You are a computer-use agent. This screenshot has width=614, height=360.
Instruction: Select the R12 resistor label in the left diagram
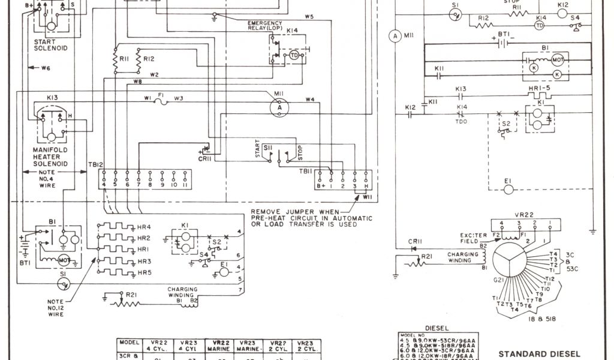tap(149, 59)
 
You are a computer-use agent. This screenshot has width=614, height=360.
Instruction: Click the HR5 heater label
tap(144, 272)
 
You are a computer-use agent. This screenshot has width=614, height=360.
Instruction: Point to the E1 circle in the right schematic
tap(509, 189)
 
